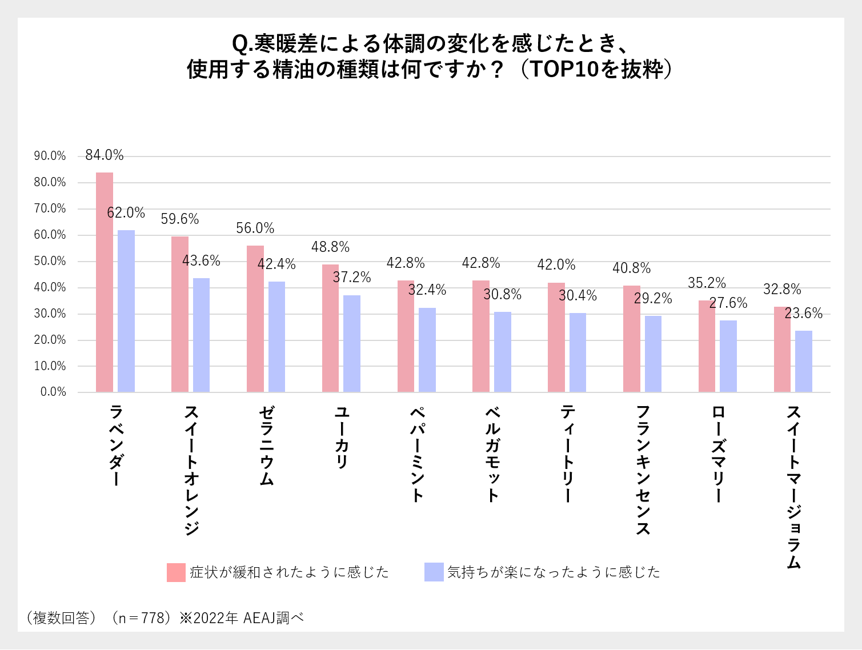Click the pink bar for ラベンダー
[x=105, y=282]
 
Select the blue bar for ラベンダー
[x=126, y=311]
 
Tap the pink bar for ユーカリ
[x=330, y=328]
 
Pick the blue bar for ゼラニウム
[x=276, y=337]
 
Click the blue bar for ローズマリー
[x=728, y=356]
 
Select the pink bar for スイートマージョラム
[x=782, y=350]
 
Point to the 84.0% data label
[x=105, y=155]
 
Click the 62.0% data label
[x=126, y=213]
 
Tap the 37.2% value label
[x=352, y=278]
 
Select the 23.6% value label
[x=804, y=314]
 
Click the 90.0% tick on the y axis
[x=50, y=156]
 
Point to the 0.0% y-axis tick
[x=53, y=392]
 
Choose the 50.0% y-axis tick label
[x=50, y=261]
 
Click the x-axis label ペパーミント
[x=418, y=454]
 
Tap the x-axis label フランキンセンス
[x=643, y=470]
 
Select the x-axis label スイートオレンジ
[x=192, y=470]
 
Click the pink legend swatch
[x=177, y=572]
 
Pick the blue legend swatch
[x=434, y=572]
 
